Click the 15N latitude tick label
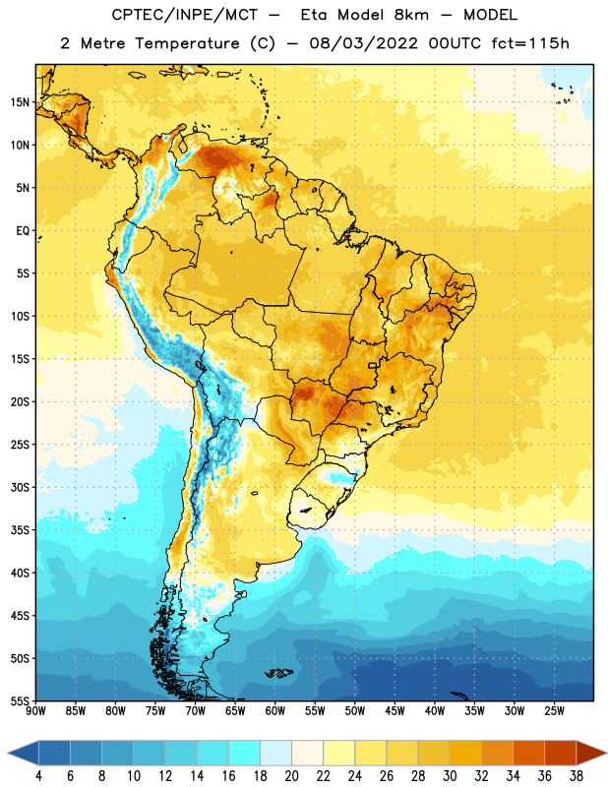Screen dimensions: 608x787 coord(20,102)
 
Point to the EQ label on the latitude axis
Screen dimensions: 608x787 coord(23,231)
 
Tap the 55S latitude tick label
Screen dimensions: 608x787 coord(20,701)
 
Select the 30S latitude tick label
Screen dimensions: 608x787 coord(20,487)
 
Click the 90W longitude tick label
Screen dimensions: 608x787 coord(35,711)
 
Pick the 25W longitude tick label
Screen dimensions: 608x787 coord(554,711)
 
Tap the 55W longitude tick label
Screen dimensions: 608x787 coord(315,711)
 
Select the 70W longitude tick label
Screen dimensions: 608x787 coord(196,711)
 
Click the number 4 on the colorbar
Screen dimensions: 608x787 coord(38,776)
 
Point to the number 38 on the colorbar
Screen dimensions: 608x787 coord(576,776)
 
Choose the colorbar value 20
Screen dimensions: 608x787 coord(291,776)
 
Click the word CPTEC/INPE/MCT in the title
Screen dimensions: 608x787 coord(185,15)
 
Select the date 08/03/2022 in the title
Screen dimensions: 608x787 coord(363,43)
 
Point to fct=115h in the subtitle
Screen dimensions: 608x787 coord(530,43)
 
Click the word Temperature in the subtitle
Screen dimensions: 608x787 coord(187,43)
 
